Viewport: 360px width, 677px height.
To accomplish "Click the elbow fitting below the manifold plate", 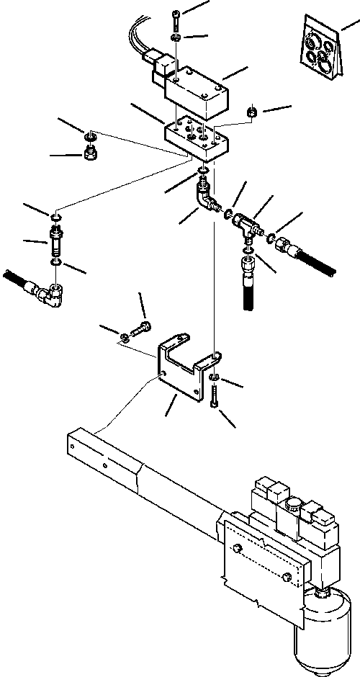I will click(207, 198).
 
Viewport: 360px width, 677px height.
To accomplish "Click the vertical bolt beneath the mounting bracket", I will click(215, 396).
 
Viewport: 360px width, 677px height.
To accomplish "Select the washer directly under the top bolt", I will click(176, 37).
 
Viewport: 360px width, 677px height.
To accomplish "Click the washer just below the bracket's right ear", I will click(215, 377).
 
